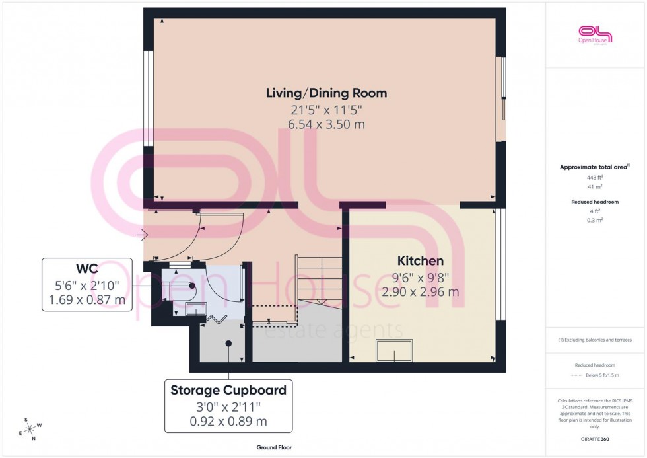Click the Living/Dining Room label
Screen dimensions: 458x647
click(x=326, y=93)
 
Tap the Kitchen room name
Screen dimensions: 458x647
click(x=420, y=260)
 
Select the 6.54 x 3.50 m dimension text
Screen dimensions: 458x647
click(x=326, y=124)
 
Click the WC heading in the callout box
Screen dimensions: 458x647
click(x=87, y=268)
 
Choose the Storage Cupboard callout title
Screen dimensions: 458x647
click(x=228, y=390)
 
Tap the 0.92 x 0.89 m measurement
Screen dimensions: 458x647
click(x=228, y=421)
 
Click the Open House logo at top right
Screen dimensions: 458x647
click(x=595, y=34)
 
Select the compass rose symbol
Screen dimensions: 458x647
click(x=30, y=429)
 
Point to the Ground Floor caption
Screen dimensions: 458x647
click(x=274, y=447)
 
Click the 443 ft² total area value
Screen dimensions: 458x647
click(x=595, y=178)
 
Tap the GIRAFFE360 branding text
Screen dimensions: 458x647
click(x=595, y=439)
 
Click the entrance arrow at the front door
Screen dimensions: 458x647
click(x=142, y=234)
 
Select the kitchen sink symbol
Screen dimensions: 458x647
click(x=394, y=350)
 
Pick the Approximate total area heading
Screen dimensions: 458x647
click(x=594, y=167)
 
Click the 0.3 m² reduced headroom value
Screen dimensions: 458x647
click(x=595, y=220)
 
